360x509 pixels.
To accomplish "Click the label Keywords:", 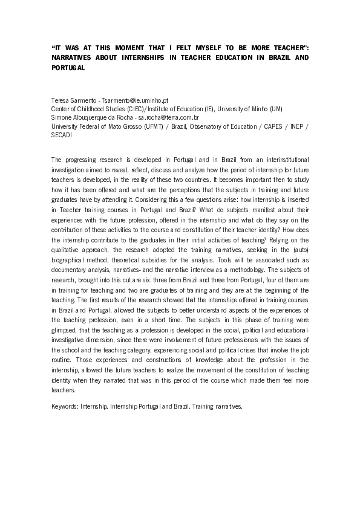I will [x=66, y=406].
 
